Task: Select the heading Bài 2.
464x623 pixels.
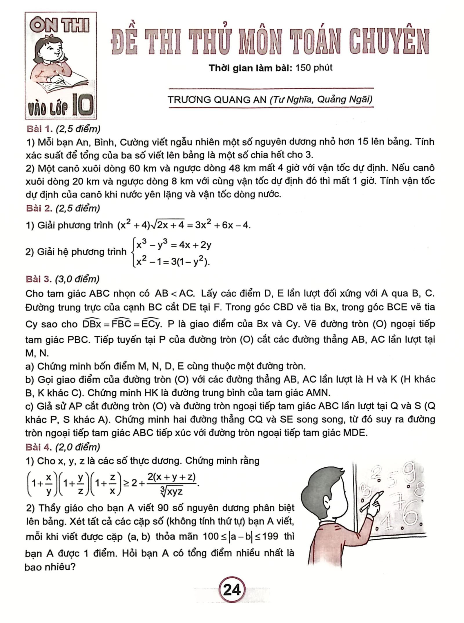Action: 38,208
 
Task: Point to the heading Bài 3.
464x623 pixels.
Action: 38,279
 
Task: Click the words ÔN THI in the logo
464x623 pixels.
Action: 60,26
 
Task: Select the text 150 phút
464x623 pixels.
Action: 313,68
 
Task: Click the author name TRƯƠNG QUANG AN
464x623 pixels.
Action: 217,100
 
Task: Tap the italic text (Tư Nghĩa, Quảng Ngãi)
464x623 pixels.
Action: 321,100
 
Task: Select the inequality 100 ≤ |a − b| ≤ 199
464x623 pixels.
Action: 240,536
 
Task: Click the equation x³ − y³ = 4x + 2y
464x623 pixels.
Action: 174,245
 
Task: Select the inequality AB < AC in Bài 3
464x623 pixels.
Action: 174,294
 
